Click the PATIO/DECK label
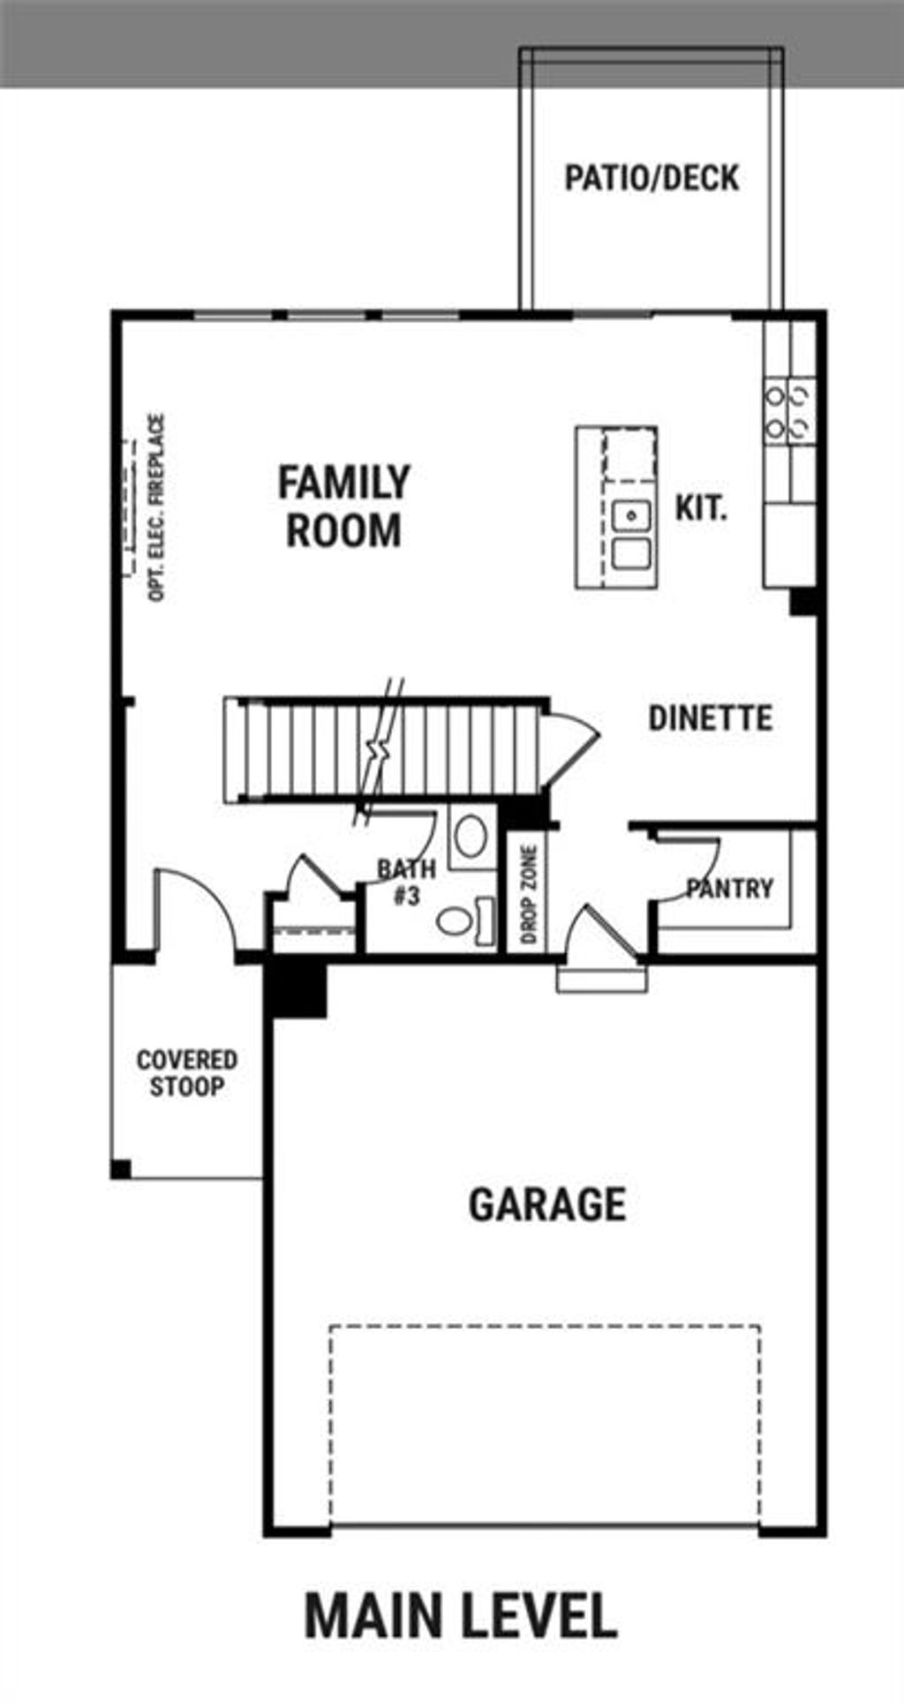[652, 178]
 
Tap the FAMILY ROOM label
[343, 507]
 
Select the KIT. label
[701, 508]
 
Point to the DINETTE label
[711, 718]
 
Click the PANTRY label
[729, 888]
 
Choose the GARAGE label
[547, 1205]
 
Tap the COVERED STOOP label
[186, 1073]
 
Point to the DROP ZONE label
[529, 894]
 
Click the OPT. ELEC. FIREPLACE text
[156, 508]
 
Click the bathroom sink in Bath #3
[470, 836]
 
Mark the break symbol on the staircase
[379, 750]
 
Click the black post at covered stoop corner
[121, 1169]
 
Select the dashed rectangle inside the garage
[545, 1423]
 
